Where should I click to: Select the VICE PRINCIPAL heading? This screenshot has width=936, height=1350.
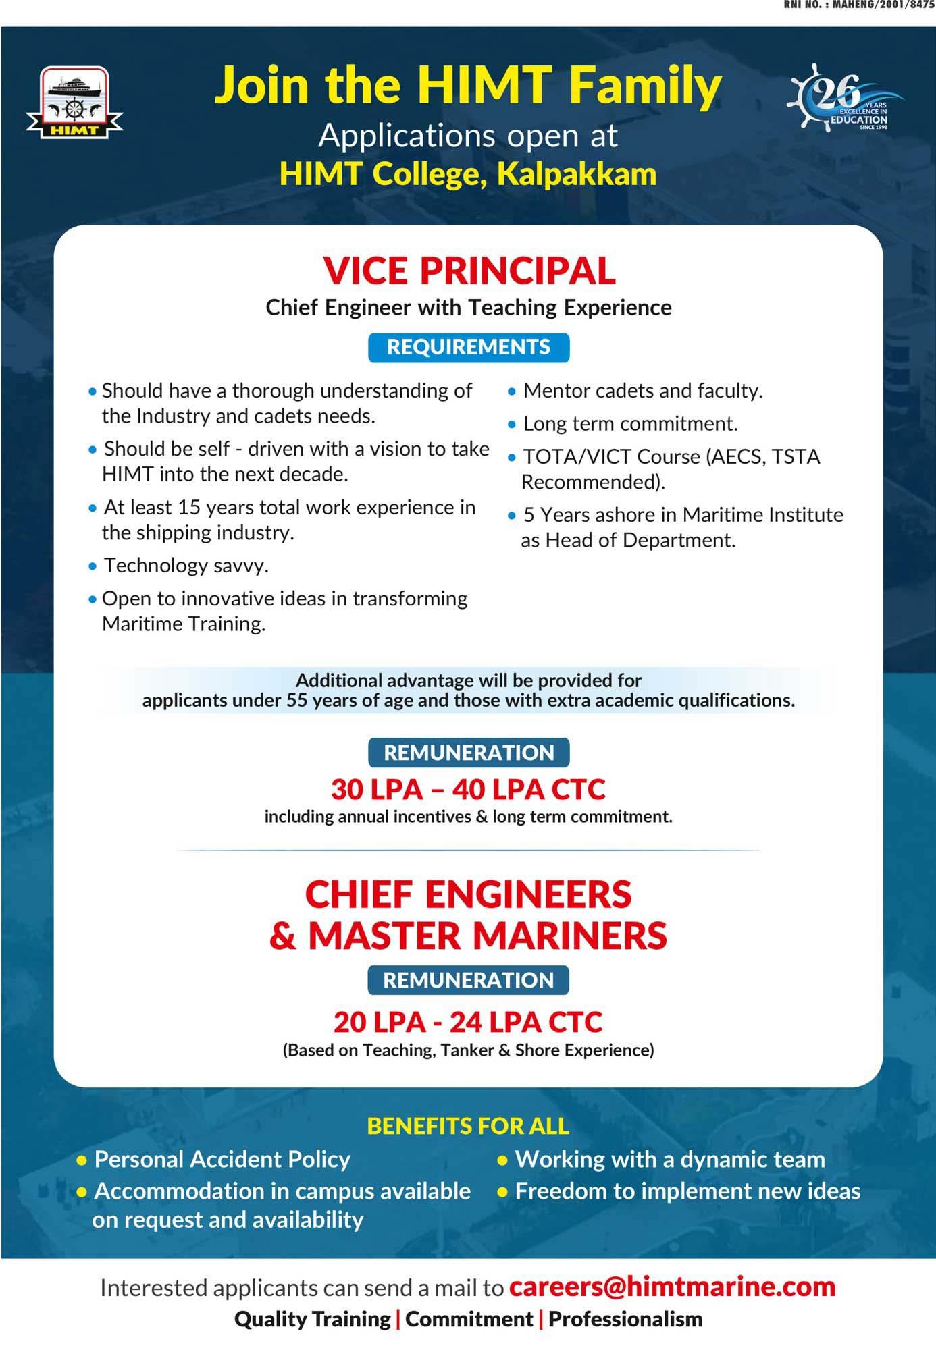[x=469, y=271]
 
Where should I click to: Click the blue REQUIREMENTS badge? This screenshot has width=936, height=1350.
[x=469, y=347]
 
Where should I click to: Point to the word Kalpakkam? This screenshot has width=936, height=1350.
[x=577, y=174]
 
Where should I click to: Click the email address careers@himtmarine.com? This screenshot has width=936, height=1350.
[x=672, y=1287]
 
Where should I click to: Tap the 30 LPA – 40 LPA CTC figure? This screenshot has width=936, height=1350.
[x=469, y=788]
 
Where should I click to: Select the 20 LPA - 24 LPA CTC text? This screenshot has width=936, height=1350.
[x=468, y=1022]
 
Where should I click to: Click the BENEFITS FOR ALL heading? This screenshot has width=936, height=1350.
[x=468, y=1125]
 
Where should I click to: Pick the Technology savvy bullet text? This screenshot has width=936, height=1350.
[x=186, y=566]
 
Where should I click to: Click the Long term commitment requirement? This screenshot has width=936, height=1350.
[x=630, y=424]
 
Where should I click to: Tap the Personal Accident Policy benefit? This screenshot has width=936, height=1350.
[x=222, y=1159]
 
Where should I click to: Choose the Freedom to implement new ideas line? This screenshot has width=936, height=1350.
[x=687, y=1191]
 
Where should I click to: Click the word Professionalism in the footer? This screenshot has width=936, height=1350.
[x=625, y=1319]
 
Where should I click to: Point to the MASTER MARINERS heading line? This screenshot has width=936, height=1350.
[x=468, y=936]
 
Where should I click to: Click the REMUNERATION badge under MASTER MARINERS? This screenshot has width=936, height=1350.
[x=469, y=980]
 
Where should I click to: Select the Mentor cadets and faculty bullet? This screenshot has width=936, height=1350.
[x=642, y=391]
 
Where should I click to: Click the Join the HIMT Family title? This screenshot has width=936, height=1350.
[x=468, y=86]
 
